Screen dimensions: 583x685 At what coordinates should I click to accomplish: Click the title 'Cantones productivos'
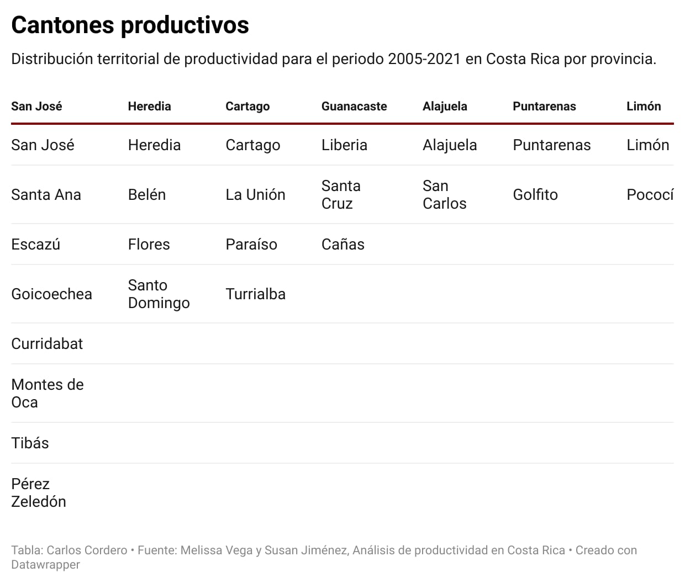coord(130,25)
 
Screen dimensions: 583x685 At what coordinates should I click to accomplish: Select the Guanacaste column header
coord(354,107)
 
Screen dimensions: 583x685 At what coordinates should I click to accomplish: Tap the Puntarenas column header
coord(544,107)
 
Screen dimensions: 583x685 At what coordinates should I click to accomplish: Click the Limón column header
coord(644,107)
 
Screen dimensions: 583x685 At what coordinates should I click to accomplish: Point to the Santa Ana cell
coord(46,195)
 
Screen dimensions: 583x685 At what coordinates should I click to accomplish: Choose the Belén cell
coord(147,195)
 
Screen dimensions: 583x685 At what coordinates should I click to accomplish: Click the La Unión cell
coord(255,195)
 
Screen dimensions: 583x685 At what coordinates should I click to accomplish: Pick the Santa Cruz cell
coord(341,195)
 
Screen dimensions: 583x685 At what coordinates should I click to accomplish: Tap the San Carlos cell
coord(444,195)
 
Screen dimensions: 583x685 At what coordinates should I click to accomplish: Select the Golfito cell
coord(535,195)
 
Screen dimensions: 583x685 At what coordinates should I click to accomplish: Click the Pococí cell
coord(650,195)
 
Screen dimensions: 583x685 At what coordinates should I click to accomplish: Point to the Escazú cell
coord(35,245)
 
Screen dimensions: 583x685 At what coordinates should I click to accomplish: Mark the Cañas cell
coord(342,245)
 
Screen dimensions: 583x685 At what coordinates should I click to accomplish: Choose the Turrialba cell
coord(255,294)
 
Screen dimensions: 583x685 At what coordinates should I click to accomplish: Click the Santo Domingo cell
coord(159,294)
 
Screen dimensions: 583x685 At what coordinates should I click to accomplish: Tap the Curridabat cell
coord(47,344)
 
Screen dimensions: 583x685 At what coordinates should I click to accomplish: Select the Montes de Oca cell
coord(47,394)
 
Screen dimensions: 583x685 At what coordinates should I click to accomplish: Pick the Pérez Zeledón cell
coord(38,493)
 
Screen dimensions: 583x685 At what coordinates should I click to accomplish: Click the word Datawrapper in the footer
coord(45,565)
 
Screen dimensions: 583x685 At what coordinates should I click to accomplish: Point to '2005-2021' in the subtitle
coord(424,59)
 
